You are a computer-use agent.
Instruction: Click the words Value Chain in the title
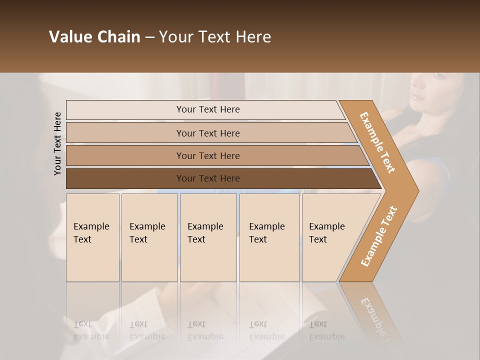tap(94, 37)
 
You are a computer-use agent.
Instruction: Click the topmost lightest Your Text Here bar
tap(207, 109)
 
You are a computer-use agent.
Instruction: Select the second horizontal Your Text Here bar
tap(207, 133)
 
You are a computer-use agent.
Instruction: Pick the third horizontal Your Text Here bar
tap(207, 155)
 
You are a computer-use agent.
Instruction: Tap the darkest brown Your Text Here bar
tap(207, 178)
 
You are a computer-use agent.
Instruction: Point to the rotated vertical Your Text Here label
tap(57, 143)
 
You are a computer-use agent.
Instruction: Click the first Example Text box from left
tap(92, 237)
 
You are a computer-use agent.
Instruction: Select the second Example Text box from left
tap(149, 237)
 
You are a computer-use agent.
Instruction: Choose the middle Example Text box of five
tap(208, 237)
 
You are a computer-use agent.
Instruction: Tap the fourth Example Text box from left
tap(269, 237)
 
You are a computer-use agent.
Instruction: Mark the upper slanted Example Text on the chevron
tap(377, 142)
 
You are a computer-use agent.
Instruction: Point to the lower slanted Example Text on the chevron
tap(379, 236)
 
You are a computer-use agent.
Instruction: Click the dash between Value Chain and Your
tap(149, 37)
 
